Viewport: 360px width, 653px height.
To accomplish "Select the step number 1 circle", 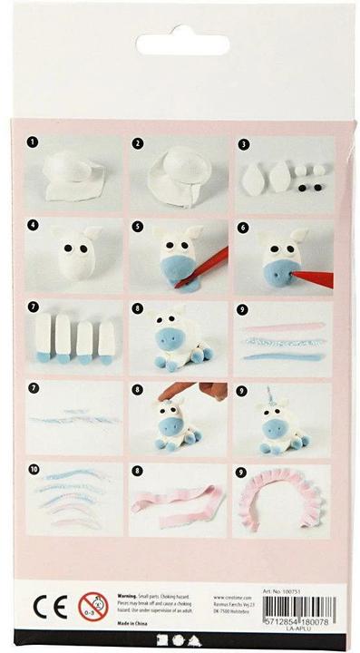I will pyautogui.click(x=32, y=142).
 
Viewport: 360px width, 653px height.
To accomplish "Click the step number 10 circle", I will pyautogui.click(x=33, y=471).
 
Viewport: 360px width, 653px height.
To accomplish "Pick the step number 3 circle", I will pyautogui.click(x=243, y=142).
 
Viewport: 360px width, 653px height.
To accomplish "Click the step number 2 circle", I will pyautogui.click(x=138, y=142).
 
